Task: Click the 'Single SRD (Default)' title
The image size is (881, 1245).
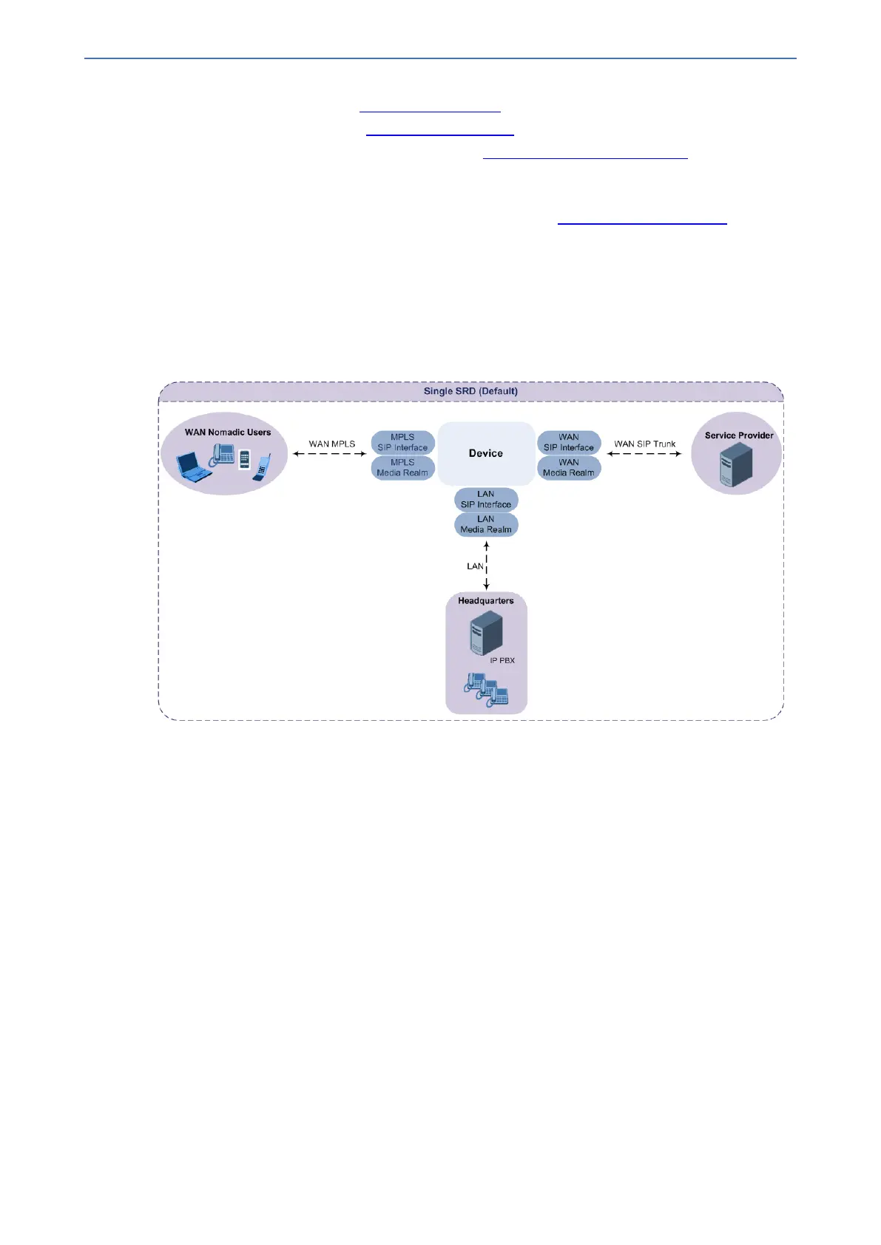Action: coord(470,391)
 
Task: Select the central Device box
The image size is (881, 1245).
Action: coord(485,453)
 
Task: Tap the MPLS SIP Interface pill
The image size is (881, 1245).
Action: coord(402,442)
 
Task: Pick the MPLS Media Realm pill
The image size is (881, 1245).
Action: coord(402,468)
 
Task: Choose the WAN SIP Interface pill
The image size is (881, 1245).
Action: coord(569,442)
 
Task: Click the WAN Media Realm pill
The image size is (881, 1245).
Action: coord(569,468)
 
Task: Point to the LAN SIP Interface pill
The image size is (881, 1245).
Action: coord(486,500)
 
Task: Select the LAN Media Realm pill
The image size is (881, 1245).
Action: coord(486,525)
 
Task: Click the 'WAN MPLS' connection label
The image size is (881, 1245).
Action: coord(331,444)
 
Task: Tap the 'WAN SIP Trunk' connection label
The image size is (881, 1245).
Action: coord(644,444)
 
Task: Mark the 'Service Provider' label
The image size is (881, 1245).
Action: coord(739,435)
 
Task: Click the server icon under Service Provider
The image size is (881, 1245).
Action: coord(736,465)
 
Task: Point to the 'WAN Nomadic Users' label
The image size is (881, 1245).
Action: coord(228,432)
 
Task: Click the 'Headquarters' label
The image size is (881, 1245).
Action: coord(485,601)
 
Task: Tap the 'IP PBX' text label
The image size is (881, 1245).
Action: coord(502,660)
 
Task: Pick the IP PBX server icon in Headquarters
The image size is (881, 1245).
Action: coord(486,635)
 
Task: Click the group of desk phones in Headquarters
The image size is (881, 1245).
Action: coord(487,690)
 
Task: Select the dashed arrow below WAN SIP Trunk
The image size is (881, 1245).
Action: coord(644,454)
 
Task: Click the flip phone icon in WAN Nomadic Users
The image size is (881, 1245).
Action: coord(263,468)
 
